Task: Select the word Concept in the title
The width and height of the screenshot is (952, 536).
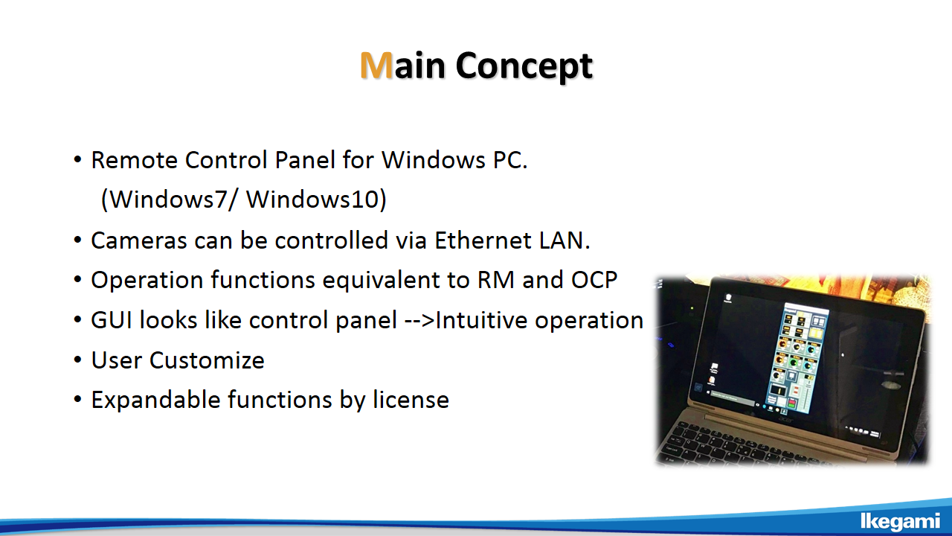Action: [x=524, y=66]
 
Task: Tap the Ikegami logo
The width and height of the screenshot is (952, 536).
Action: [x=900, y=521]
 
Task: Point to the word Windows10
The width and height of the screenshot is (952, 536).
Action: [x=312, y=199]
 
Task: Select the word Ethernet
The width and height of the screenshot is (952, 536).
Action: [x=482, y=240]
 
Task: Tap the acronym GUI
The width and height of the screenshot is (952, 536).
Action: [x=112, y=320]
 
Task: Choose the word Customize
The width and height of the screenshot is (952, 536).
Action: [x=207, y=360]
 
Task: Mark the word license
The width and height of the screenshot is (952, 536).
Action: [x=411, y=400]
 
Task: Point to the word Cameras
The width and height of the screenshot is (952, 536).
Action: [x=139, y=240]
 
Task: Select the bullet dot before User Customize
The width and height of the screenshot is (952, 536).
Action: [x=77, y=360]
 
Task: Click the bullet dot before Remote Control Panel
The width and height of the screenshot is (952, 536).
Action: [x=77, y=160]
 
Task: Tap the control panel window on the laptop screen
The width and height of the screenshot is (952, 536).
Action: [x=797, y=357]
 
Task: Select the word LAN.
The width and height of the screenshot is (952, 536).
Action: [x=565, y=240]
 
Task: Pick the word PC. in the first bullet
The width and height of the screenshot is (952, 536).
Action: [x=510, y=160]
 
